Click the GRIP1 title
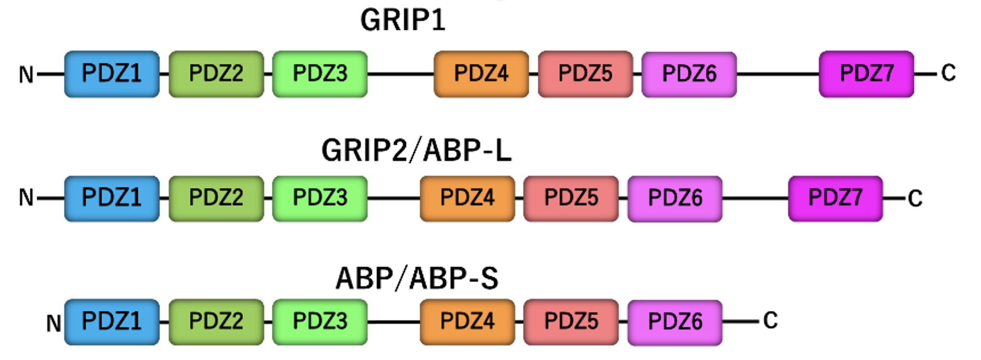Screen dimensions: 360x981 tap(402, 21)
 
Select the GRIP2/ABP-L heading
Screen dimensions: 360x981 tap(416, 151)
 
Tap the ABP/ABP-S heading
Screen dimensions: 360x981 tap(417, 279)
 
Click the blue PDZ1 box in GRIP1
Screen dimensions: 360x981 tap(111, 74)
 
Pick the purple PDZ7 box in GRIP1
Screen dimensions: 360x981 tap(866, 74)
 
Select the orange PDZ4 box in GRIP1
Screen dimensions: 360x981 tap(481, 74)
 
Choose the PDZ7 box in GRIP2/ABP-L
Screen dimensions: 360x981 tap(835, 198)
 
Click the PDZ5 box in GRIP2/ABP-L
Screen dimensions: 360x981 tap(570, 198)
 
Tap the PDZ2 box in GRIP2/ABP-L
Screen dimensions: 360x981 tap(216, 198)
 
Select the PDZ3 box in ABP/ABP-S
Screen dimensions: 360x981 tap(320, 322)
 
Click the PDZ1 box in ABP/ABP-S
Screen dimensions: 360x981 tap(111, 322)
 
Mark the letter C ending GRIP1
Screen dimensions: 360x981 tap(948, 73)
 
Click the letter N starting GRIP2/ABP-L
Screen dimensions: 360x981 tap(26, 198)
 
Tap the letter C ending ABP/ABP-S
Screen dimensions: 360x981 tap(770, 321)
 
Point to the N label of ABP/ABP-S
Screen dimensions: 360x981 tap(54, 324)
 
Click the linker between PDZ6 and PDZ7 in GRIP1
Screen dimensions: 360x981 tap(777, 74)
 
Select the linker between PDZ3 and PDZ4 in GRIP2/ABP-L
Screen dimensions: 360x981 tap(394, 198)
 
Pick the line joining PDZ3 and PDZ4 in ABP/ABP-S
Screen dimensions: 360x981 tap(394, 322)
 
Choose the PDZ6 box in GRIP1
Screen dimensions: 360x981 tap(689, 74)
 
